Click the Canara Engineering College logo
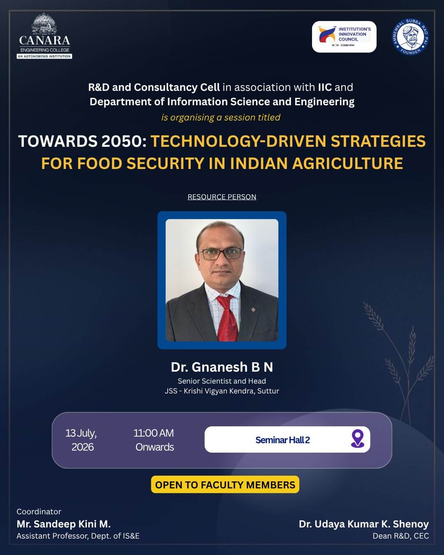coord(44,36)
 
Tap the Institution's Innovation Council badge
coord(344,37)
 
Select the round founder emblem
coord(410,36)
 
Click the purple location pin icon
coord(358,438)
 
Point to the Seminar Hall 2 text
coord(282,440)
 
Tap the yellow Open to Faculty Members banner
coord(225,485)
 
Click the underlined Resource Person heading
coord(222,197)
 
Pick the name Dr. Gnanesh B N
coord(222,367)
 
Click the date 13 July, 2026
coord(81,440)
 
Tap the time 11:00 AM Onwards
coord(154,440)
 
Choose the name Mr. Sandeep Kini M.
coord(64,524)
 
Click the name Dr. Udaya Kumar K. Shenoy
coord(364,524)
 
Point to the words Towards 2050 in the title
coord(83,141)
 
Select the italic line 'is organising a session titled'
coord(221,117)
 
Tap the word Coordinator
coord(39,511)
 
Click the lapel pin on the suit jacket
coord(253,310)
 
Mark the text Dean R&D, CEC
coord(401,536)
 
